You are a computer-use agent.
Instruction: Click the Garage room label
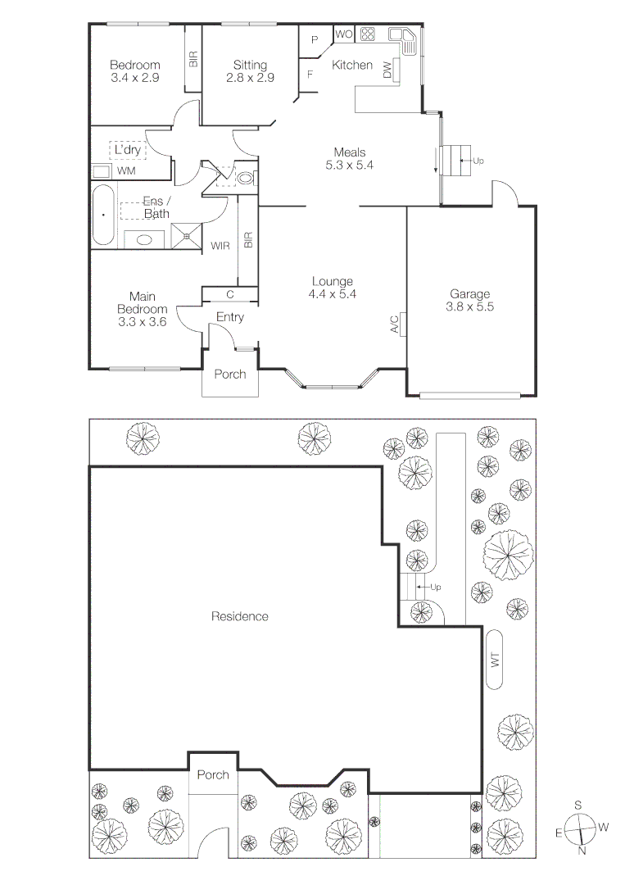[x=469, y=294]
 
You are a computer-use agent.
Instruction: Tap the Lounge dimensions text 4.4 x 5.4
[x=332, y=293]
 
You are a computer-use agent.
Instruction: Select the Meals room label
[x=349, y=152]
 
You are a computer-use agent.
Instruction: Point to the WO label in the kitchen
[x=344, y=34]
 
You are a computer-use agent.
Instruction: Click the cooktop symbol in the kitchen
[x=366, y=34]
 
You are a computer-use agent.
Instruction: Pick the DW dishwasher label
[x=387, y=71]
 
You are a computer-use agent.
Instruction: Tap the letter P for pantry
[x=314, y=39]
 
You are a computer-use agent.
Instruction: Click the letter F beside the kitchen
[x=310, y=75]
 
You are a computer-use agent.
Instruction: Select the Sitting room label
[x=250, y=66]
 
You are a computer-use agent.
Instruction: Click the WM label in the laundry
[x=125, y=171]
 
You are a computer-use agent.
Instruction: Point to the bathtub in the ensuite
[x=102, y=215]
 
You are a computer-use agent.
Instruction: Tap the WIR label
[x=220, y=245]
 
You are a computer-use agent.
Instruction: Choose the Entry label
[x=230, y=317]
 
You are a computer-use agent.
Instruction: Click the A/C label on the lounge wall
[x=395, y=324]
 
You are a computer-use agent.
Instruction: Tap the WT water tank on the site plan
[x=494, y=660]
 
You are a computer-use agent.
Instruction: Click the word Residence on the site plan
[x=240, y=616]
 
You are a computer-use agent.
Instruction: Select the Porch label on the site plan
[x=212, y=774]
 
